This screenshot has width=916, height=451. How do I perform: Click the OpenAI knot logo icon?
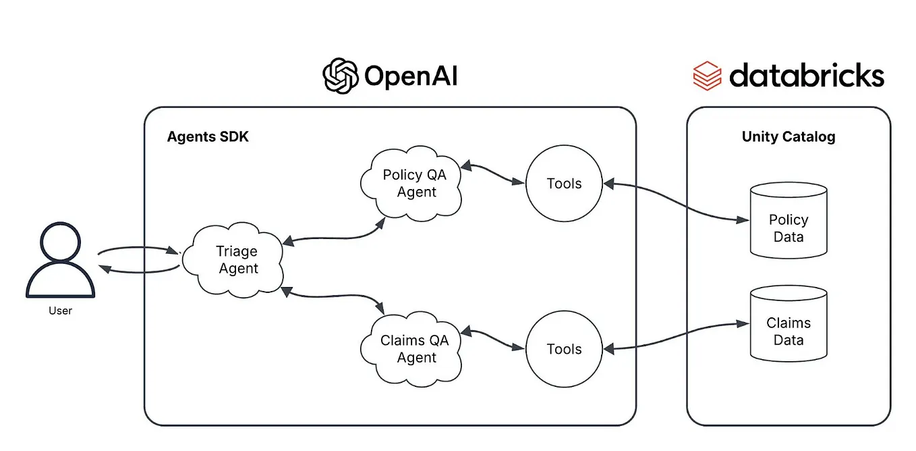point(341,76)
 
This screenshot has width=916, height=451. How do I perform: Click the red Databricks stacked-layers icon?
point(707,76)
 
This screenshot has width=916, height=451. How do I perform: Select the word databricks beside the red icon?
point(806,76)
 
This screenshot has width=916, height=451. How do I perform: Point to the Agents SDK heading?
point(208,137)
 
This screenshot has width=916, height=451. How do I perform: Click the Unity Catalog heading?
point(788,137)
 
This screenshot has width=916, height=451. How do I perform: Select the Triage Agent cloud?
point(237,260)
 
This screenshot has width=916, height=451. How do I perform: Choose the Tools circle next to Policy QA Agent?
point(564,184)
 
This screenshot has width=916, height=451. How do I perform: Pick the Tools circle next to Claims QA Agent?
point(564,349)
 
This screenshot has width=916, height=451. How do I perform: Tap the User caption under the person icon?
point(60,311)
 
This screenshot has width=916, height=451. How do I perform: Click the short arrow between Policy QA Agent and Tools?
point(492,174)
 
